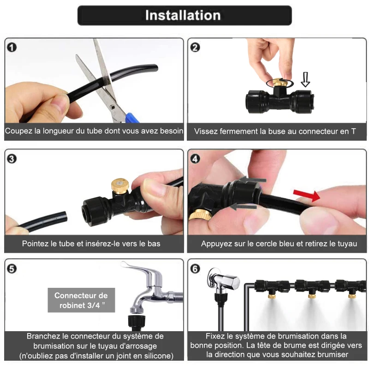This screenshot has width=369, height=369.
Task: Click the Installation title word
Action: point(183,15)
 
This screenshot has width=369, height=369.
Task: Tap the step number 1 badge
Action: point(12,48)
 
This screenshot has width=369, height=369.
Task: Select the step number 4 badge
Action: point(195,159)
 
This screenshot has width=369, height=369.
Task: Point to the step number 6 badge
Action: point(195,268)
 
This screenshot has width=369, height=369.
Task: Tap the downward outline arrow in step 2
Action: point(305,79)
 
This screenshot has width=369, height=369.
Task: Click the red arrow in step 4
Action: point(307,196)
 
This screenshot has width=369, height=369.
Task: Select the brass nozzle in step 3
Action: point(120,186)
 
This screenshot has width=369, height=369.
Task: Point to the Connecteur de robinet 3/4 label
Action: point(81,300)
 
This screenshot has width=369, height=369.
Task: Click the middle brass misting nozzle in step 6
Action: point(312,295)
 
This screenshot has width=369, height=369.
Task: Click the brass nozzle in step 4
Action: point(201,214)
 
